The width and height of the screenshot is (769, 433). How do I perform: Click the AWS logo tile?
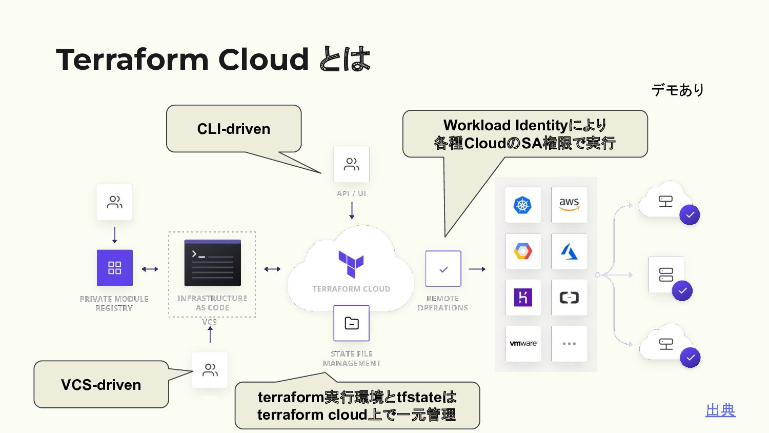(x=569, y=204)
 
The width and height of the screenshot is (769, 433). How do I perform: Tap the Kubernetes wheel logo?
(x=522, y=205)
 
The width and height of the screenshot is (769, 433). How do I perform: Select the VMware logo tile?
(x=523, y=343)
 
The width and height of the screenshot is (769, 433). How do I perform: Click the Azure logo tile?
(x=569, y=251)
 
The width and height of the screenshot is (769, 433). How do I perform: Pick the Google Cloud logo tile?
(x=523, y=251)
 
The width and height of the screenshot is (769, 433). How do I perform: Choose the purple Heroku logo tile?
(x=523, y=297)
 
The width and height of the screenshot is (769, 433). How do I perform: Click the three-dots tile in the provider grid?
(x=569, y=343)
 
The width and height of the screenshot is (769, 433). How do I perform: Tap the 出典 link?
(x=720, y=410)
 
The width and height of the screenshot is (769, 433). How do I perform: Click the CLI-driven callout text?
(x=233, y=129)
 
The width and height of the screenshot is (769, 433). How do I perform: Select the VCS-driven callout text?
(x=101, y=385)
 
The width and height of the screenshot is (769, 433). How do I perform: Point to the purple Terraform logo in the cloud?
(x=351, y=264)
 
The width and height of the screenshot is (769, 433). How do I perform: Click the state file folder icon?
(x=352, y=323)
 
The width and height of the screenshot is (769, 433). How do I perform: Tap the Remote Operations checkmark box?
(x=443, y=269)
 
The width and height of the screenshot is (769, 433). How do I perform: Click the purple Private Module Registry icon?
(x=115, y=268)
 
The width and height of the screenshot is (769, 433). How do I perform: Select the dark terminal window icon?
(x=212, y=263)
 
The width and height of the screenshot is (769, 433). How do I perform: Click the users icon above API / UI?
(x=352, y=164)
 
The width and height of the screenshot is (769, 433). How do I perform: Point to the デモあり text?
(x=677, y=90)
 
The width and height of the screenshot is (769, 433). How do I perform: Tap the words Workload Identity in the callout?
(x=505, y=125)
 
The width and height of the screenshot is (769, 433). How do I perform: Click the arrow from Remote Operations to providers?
(x=477, y=269)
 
